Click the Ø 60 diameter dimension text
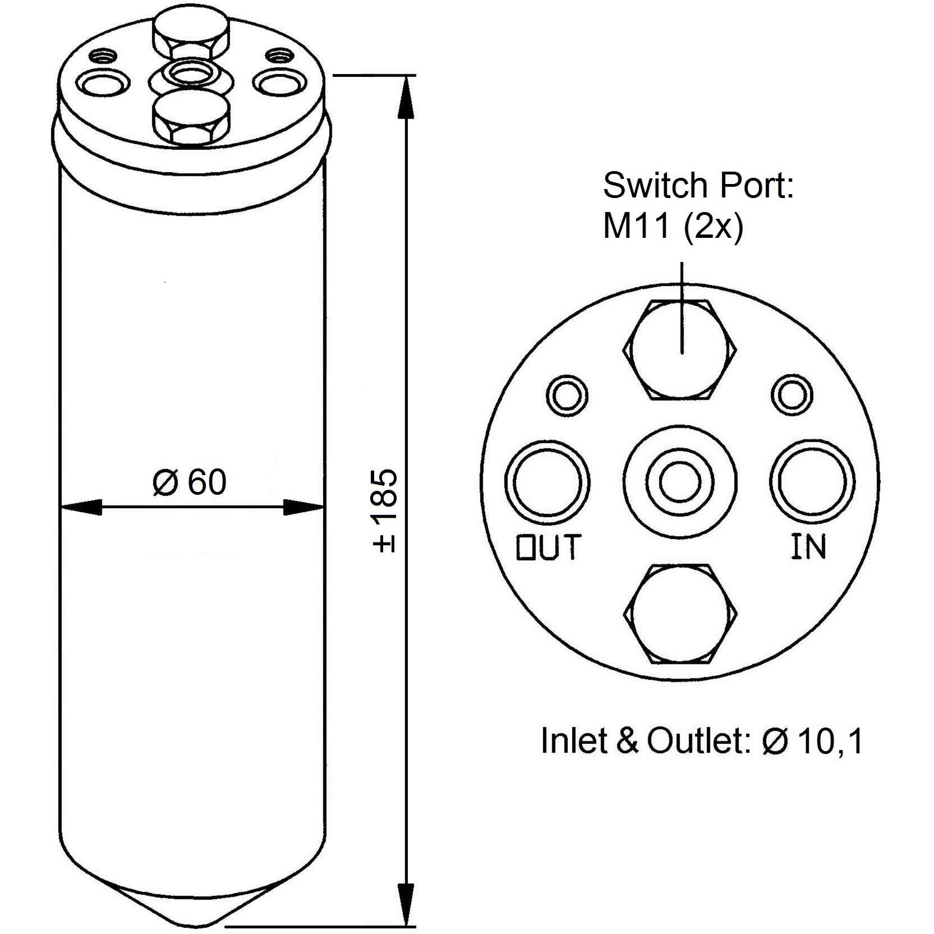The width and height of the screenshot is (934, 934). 190,482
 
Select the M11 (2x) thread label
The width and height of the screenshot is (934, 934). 673,227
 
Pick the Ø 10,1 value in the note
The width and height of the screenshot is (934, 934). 812,741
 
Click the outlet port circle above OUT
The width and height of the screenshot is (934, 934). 547,482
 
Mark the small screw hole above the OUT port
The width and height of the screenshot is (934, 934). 568,395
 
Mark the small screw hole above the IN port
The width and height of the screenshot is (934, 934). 791,395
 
